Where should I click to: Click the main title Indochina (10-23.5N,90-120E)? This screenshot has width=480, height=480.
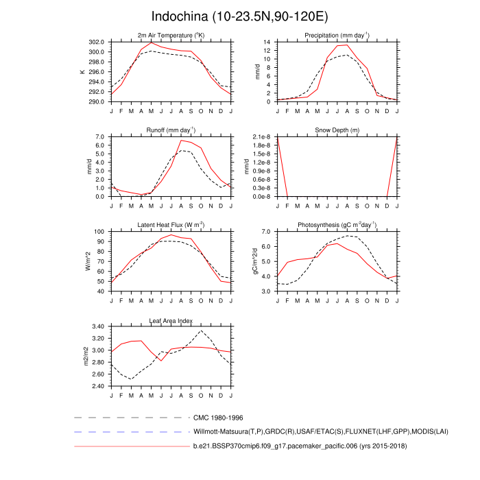pos(239,16)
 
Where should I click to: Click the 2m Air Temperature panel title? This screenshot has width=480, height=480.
pos(171,36)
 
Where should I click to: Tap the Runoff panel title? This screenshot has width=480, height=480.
pos(171,130)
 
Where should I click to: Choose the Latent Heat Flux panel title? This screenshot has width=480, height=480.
pos(171,225)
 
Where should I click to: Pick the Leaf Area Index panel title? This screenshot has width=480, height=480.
pos(171,320)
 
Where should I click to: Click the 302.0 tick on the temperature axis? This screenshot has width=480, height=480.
pos(96,43)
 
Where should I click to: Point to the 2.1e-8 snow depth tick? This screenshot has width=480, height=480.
pos(262,137)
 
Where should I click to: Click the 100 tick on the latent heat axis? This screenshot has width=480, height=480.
pos(99,232)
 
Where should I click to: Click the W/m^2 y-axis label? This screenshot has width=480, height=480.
pos(87,261)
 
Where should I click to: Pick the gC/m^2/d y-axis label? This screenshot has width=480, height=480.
pos(254,261)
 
